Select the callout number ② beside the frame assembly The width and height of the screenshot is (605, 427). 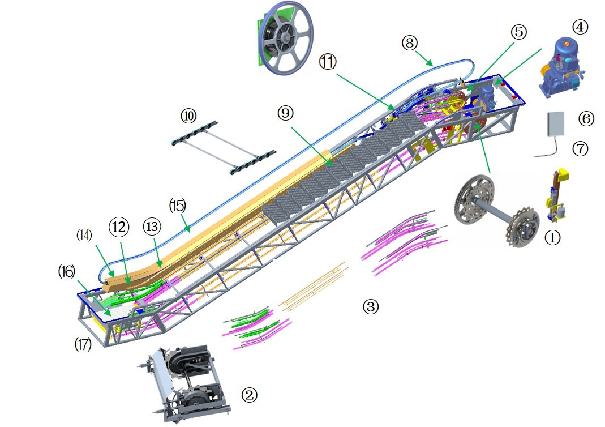250,395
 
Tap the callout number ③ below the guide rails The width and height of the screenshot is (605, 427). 370,307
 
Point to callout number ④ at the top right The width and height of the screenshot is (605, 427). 580,27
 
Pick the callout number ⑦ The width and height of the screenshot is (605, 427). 581,149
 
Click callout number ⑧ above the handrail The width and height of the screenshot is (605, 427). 410,42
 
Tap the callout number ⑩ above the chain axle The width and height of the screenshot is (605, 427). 188,116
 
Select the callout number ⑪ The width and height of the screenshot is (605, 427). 328,61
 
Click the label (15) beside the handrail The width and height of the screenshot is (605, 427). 178,206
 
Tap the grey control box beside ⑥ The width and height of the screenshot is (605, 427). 556,124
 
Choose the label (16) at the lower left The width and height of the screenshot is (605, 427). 66,272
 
